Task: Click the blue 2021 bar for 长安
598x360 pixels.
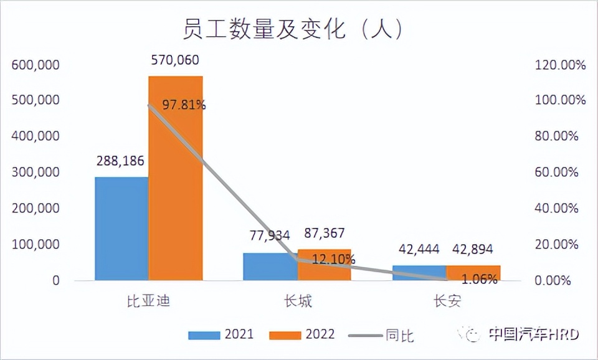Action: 419,273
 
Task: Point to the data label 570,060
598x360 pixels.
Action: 175,60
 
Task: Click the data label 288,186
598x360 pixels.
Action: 120,161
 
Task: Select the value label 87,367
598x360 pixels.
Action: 323,234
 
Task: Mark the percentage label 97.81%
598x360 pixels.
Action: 184,105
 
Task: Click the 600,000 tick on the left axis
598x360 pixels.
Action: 36,64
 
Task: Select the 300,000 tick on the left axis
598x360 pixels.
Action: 36,172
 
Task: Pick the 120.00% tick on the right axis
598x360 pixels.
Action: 560,64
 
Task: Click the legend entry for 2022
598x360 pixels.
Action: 302,334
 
